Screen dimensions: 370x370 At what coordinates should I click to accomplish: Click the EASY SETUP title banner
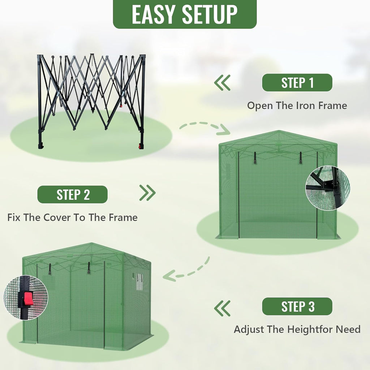[x=185, y=14]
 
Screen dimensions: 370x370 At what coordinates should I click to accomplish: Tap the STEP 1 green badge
[x=297, y=83]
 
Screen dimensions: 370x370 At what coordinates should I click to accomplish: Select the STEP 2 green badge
[x=72, y=194]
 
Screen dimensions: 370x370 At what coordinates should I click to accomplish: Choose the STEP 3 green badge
[x=297, y=306]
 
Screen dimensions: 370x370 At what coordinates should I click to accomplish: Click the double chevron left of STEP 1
[x=222, y=83]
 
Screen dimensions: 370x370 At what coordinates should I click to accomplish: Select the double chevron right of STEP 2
[x=147, y=193]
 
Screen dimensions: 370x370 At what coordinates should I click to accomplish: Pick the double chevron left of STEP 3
[x=222, y=308]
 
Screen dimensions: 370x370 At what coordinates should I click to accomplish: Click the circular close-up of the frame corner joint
[x=328, y=188]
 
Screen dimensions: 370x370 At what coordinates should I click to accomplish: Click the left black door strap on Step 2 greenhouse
[x=255, y=158]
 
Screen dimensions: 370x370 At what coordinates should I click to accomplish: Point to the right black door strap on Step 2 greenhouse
[x=301, y=158]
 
